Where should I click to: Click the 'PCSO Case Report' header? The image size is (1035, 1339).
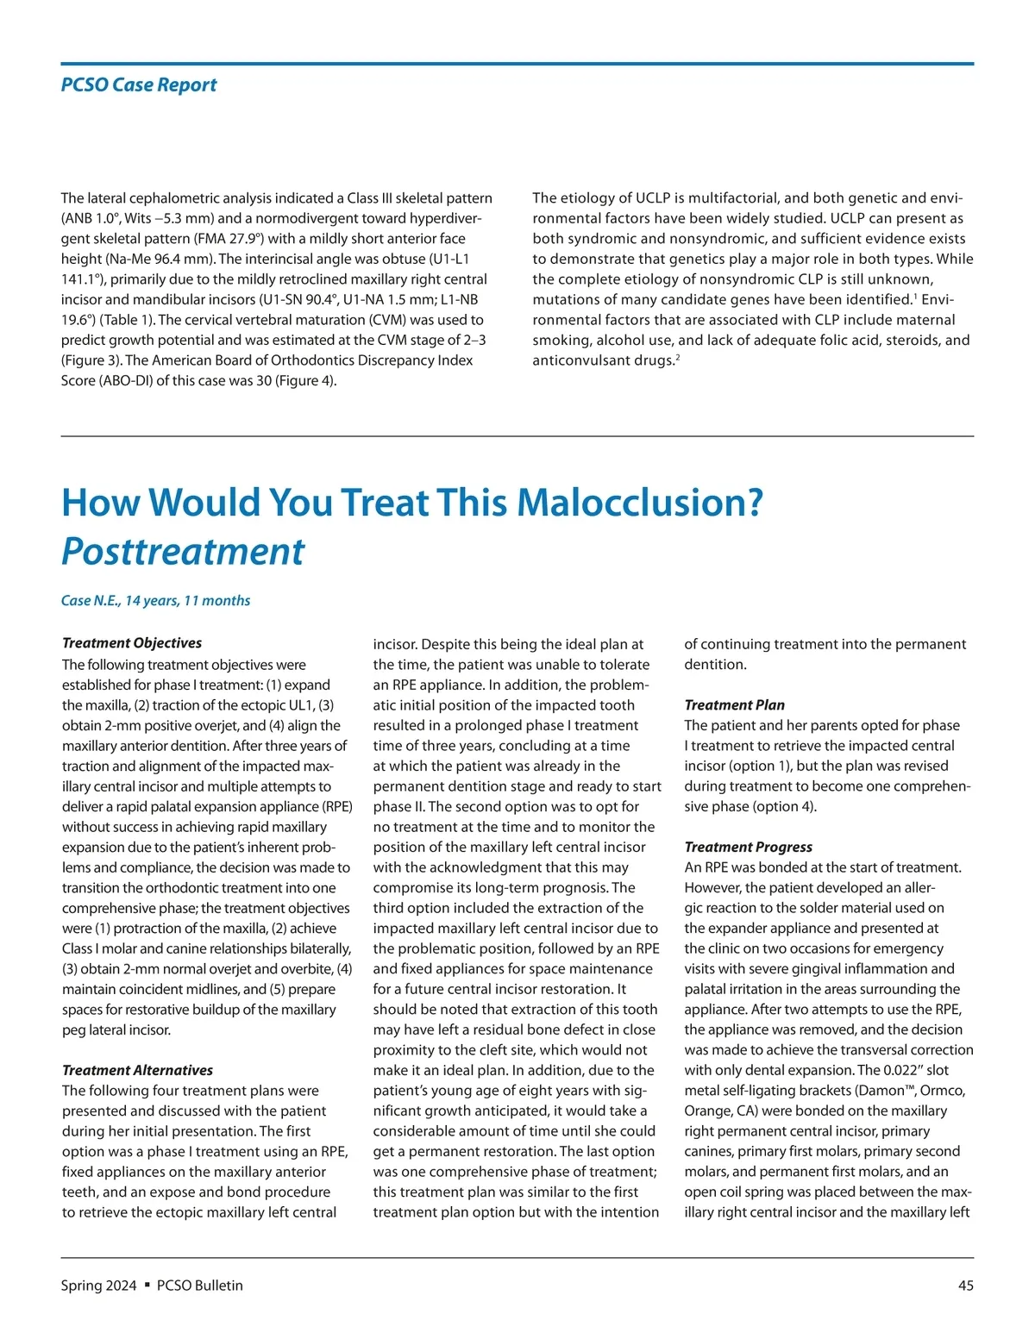[139, 85]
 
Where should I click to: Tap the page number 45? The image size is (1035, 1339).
[965, 1286]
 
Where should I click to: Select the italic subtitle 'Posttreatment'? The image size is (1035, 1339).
[183, 552]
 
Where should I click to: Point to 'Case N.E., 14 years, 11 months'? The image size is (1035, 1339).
[155, 601]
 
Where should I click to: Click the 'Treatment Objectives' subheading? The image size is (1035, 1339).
[132, 643]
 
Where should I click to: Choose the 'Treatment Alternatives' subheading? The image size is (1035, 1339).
[137, 1070]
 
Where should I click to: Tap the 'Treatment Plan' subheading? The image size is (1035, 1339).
[734, 705]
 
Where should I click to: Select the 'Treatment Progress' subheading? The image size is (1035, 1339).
[748, 847]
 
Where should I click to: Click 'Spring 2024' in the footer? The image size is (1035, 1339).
[98, 1286]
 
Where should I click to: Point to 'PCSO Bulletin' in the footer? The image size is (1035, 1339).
[200, 1286]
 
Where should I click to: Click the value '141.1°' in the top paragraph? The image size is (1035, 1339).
[84, 279]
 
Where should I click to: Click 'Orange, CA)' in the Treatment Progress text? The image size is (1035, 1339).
[721, 1111]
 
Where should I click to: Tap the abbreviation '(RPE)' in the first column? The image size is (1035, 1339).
[336, 807]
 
